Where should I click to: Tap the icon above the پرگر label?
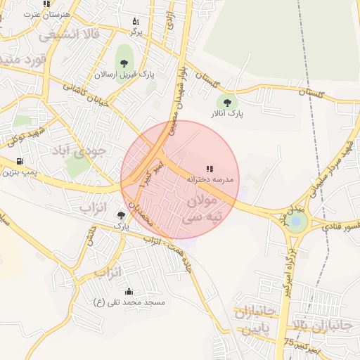[x=136, y=22]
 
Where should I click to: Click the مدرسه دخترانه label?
[x=209, y=180]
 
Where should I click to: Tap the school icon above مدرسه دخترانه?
[x=209, y=169]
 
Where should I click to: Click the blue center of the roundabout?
[x=296, y=222]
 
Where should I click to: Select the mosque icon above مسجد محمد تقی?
[x=129, y=292]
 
